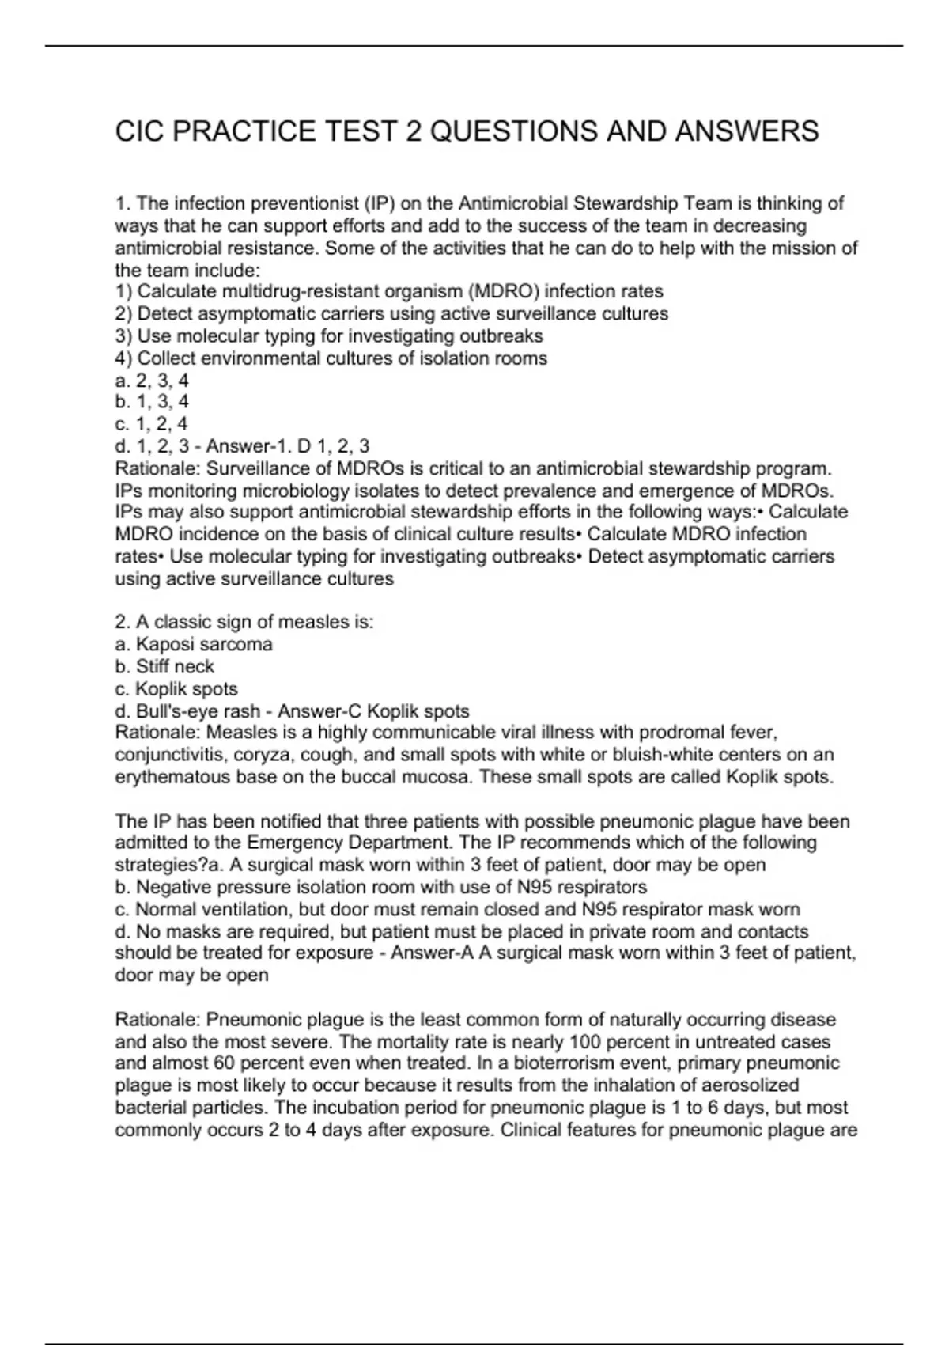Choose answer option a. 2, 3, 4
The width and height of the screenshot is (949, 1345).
click(152, 381)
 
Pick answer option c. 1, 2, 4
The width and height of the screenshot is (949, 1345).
click(152, 424)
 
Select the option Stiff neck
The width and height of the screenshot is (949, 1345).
click(174, 666)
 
